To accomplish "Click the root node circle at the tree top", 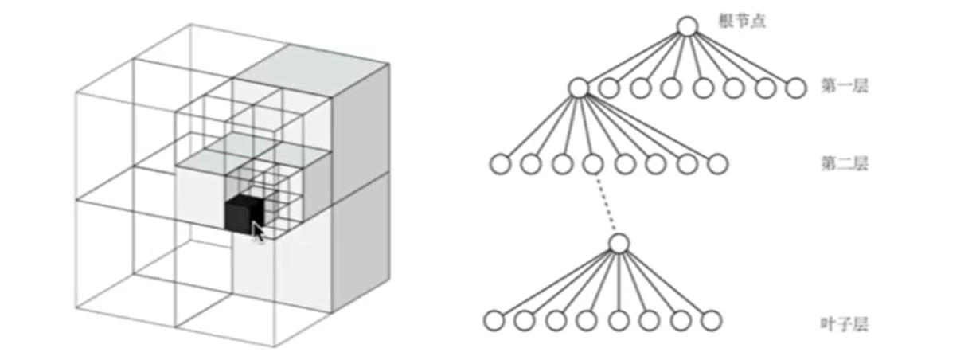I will (688, 26).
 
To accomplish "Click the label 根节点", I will (741, 23).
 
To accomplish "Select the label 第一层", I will (843, 85).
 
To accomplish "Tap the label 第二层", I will (843, 165).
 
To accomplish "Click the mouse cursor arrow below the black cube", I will (258, 232).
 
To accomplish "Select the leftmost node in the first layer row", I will (579, 87).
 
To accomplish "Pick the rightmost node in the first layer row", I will (796, 88).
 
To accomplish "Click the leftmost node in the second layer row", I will (499, 165).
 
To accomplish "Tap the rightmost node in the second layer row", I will (717, 165).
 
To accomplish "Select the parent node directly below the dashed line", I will (619, 242).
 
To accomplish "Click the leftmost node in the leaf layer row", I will (494, 321).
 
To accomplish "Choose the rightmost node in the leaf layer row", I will (712, 321).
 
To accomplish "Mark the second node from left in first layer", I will (610, 88).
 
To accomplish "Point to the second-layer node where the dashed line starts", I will (591, 165).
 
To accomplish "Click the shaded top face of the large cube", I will (310, 64).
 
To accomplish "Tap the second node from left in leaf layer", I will (524, 321).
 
